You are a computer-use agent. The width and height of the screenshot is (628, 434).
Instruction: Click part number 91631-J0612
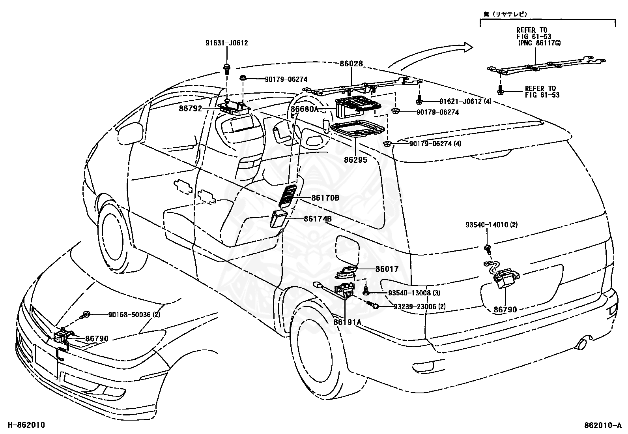(226, 43)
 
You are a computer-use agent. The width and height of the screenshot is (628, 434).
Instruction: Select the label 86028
(351, 64)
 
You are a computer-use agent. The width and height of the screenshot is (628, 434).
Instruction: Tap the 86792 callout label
(191, 108)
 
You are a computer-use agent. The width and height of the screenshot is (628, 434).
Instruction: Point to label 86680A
(305, 109)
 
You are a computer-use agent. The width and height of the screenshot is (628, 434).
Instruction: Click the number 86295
(355, 160)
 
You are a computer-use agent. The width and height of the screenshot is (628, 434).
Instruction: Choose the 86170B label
(325, 198)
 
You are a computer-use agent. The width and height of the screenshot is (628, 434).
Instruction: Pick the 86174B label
(318, 219)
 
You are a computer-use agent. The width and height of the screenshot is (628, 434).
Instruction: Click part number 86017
(387, 269)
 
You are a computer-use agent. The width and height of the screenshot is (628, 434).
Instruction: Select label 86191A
(348, 322)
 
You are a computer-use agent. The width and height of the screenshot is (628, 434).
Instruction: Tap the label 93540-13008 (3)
(414, 293)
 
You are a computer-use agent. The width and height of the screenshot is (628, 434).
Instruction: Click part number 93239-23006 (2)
(419, 306)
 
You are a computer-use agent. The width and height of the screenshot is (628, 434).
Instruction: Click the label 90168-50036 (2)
(134, 315)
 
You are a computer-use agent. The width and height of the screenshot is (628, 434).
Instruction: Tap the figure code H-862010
(26, 425)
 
